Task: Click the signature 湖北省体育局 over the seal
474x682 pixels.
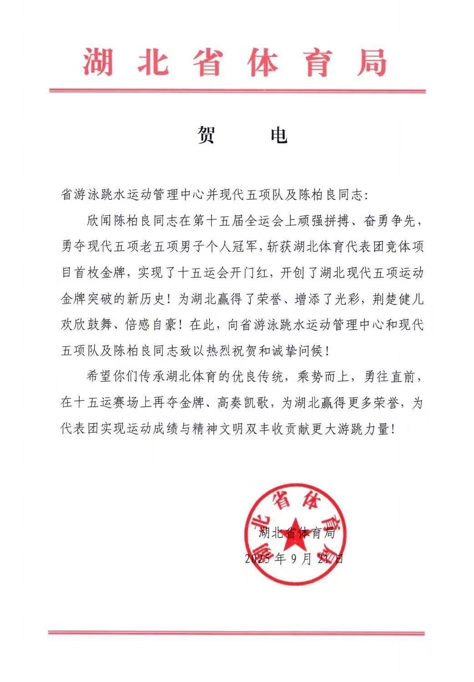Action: point(297,533)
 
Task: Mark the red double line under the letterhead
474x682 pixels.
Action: point(237,91)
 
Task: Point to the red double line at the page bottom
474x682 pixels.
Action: point(237,632)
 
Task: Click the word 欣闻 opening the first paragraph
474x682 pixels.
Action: point(99,222)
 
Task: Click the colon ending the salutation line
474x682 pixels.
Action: point(369,197)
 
